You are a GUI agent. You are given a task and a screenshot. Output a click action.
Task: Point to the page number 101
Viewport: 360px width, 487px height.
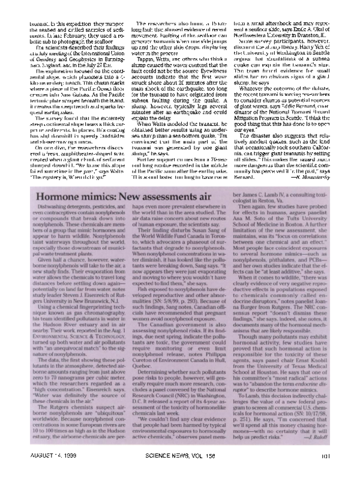click(x=325, y=471)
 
